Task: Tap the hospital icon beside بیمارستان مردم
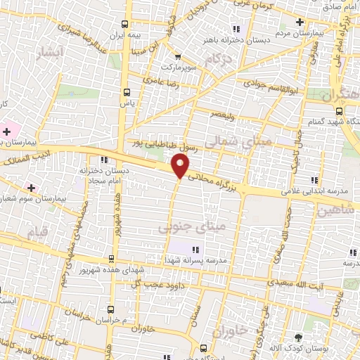tap(300, 22)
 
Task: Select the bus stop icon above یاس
tap(126, 92)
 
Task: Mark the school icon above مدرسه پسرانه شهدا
tap(195, 249)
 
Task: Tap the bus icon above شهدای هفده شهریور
tap(111, 259)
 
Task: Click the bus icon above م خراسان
tap(111, 309)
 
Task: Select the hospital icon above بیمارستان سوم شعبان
tap(30, 188)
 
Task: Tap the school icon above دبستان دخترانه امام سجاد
tap(103, 159)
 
